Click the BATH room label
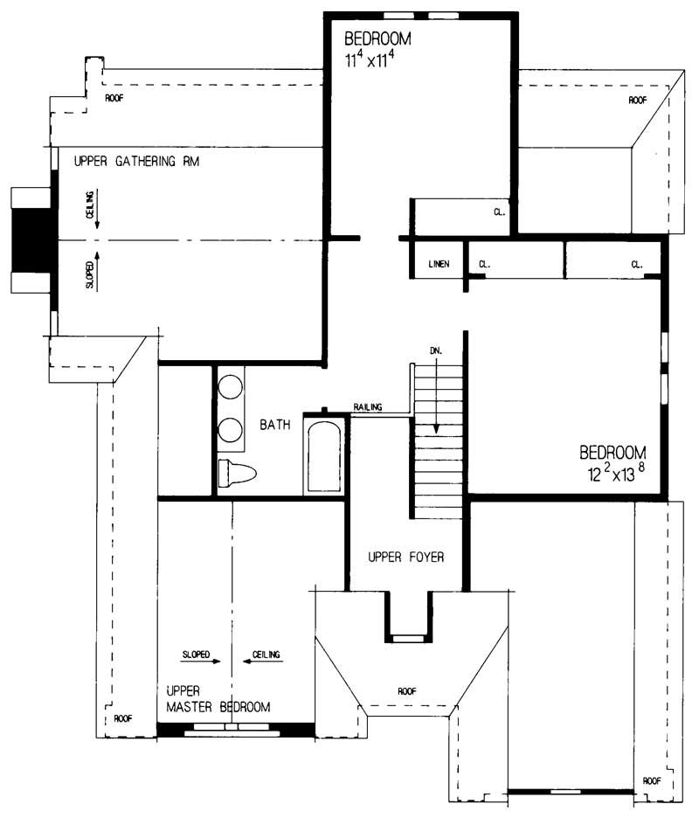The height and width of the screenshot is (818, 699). click(275, 426)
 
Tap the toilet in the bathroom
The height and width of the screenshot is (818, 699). click(237, 474)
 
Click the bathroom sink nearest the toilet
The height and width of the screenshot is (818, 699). click(231, 430)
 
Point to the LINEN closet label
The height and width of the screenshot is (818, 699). click(439, 264)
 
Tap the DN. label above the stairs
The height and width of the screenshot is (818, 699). click(436, 350)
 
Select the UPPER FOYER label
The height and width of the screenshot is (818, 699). click(406, 556)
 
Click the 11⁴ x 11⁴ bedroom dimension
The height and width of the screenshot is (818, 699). click(377, 61)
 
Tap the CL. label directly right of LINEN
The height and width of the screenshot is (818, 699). click(485, 264)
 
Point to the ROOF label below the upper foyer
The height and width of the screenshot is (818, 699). click(407, 690)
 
